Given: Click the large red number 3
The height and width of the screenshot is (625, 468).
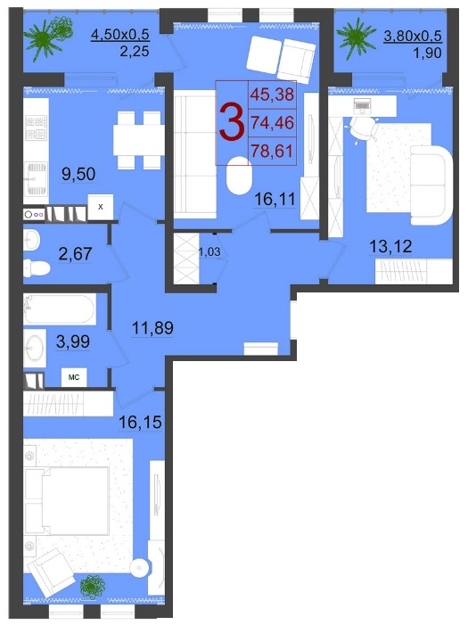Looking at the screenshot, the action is pyautogui.click(x=232, y=122).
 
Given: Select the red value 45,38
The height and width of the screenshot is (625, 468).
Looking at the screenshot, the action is pyautogui.click(x=272, y=95).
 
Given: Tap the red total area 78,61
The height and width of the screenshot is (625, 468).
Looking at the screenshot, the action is pyautogui.click(x=272, y=151).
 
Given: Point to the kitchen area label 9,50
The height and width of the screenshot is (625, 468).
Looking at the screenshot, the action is pyautogui.click(x=78, y=174).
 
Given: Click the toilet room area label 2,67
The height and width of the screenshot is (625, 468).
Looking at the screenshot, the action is pyautogui.click(x=76, y=253).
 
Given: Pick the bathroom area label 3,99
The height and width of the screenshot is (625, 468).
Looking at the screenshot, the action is pyautogui.click(x=73, y=341).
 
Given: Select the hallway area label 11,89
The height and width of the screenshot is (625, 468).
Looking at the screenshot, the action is pyautogui.click(x=152, y=328).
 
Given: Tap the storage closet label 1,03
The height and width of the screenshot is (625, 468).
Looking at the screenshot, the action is pyautogui.click(x=209, y=251).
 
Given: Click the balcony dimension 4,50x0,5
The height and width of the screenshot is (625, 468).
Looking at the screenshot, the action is pyautogui.click(x=120, y=34).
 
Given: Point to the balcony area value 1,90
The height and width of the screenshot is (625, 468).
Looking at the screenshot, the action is pyautogui.click(x=428, y=53).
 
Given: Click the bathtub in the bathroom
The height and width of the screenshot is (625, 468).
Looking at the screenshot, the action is pyautogui.click(x=60, y=309).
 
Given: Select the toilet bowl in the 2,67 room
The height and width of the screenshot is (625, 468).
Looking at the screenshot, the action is pyautogui.click(x=37, y=267).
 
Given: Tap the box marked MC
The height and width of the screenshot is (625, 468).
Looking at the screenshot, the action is pyautogui.click(x=74, y=377).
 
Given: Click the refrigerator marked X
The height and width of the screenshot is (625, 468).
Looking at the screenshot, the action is pyautogui.click(x=101, y=207).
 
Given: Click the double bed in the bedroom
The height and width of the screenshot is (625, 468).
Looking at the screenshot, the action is pyautogui.click(x=67, y=501).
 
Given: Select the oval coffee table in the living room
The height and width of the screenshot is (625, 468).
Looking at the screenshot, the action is pyautogui.click(x=239, y=175).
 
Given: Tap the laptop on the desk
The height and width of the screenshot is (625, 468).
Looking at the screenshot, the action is pyautogui.click(x=362, y=105).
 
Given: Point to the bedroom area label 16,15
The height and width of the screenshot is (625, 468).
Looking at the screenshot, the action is pyautogui.click(x=140, y=422).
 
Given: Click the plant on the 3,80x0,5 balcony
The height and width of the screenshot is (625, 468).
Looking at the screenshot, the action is pyautogui.click(x=356, y=37).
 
